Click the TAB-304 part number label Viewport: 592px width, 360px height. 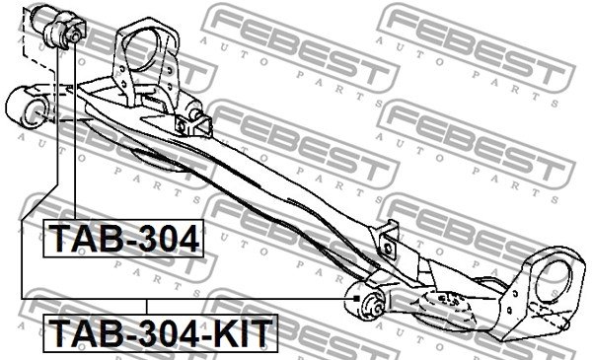point(123,238)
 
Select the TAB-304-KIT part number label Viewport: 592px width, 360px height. point(161,332)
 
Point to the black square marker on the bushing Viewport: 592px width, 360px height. point(355,299)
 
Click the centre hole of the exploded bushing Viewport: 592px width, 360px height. point(75,36)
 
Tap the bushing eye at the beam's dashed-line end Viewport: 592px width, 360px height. point(27,107)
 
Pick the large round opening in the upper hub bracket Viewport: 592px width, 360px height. point(140,52)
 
